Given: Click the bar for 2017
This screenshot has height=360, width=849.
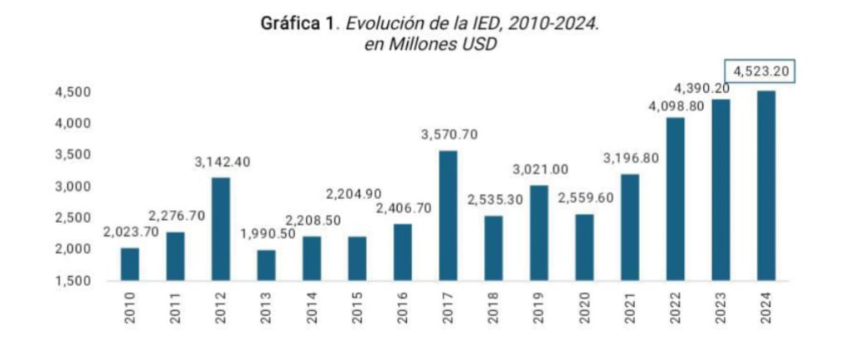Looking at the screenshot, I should tap(448, 216).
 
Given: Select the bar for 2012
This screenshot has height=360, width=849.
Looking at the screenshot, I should tap(221, 229).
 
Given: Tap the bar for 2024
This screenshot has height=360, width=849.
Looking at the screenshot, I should tap(765, 186).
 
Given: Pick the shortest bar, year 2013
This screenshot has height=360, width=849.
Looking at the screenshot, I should tap(266, 265).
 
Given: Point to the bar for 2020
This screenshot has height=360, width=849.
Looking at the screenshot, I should tap(584, 247).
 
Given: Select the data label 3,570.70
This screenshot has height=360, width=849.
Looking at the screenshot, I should tap(449, 135).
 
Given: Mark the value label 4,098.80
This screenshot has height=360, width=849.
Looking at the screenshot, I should tap(674, 105).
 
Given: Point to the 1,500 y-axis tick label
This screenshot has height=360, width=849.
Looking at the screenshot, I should tap(72, 281).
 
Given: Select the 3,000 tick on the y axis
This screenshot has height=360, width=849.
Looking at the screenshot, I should tap(72, 187).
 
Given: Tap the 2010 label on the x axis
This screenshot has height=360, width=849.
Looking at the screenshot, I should tap(130, 307).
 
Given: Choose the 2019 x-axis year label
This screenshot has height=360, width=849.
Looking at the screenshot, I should tap(539, 307).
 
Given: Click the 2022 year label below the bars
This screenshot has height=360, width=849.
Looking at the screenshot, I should tap(675, 307).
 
